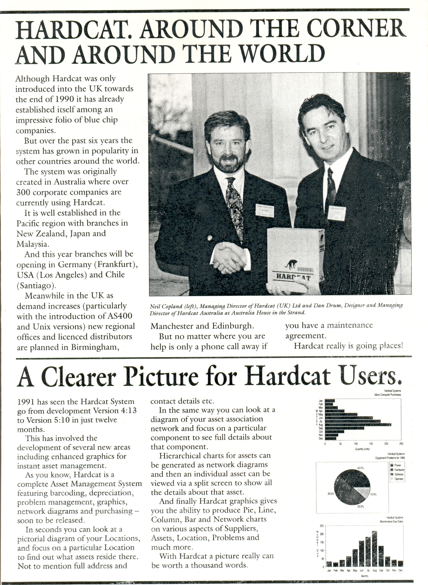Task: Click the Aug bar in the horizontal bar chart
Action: click(x=358, y=424)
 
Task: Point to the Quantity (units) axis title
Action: click(x=362, y=449)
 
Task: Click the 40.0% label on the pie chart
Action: click(x=361, y=468)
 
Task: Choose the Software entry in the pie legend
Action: click(x=399, y=474)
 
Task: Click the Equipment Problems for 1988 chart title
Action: click(x=390, y=458)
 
